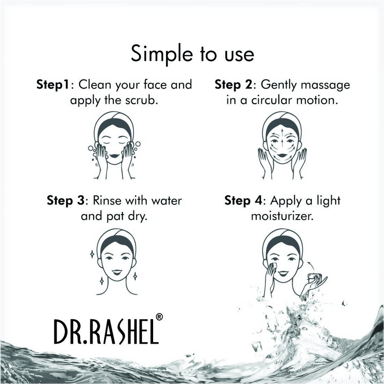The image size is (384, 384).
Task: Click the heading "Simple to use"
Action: (192, 54)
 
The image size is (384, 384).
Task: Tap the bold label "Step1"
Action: (53, 85)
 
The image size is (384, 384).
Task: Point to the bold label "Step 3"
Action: (67, 200)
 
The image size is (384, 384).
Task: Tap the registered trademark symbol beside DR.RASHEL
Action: (159, 317)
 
